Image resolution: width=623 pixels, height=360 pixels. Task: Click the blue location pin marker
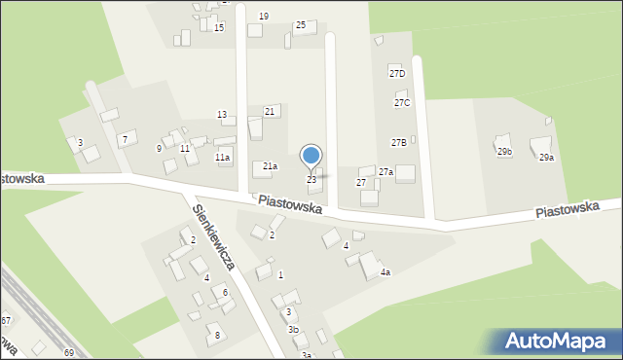point(311,156)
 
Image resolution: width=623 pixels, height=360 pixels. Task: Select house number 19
point(264,17)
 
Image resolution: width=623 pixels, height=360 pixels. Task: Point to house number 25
point(300,24)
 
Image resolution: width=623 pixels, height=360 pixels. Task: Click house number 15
point(219,27)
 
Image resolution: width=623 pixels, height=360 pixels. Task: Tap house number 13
point(222,115)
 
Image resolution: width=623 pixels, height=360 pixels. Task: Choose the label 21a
point(270,166)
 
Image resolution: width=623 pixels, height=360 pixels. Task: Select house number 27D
point(396,74)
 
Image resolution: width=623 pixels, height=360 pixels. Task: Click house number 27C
point(402,102)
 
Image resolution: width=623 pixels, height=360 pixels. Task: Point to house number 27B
point(399,142)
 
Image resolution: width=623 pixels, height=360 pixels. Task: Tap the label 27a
point(385,171)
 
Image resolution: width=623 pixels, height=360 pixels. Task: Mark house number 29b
point(504,152)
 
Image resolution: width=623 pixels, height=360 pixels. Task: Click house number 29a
point(546,158)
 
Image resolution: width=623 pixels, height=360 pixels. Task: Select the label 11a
point(223,157)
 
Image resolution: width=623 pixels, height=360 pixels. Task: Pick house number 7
point(124,140)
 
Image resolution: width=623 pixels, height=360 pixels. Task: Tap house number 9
point(159,148)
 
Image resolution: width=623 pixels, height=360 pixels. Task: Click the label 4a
point(385,272)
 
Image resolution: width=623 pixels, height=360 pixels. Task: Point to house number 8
point(217,335)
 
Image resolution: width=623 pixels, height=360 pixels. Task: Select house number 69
point(68,351)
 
